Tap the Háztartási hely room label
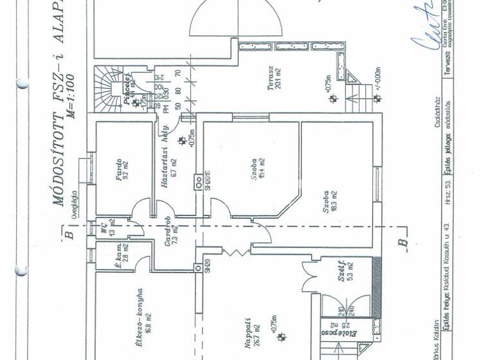168,168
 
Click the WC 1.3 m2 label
105,230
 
